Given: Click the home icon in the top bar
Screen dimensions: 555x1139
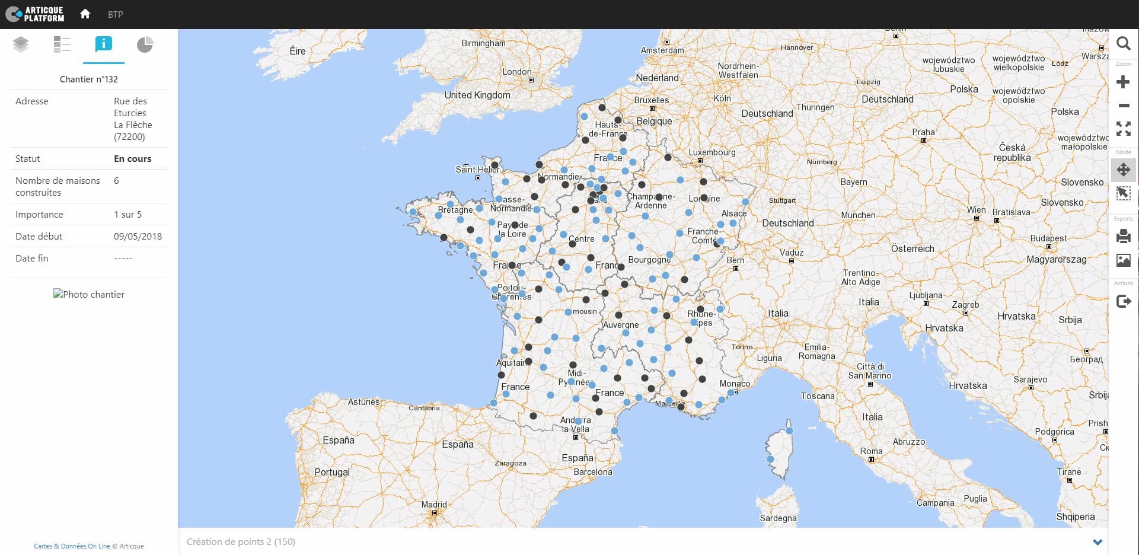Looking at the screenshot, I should click(85, 14).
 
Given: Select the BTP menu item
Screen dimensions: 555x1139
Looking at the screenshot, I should click(116, 14).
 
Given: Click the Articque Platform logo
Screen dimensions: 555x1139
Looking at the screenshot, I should click(35, 14).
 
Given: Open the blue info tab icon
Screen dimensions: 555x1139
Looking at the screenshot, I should click(103, 44).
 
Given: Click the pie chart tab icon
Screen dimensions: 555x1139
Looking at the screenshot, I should click(145, 44).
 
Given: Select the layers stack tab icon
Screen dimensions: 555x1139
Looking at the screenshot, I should click(21, 44).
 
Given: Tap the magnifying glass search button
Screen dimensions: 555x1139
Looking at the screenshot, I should click(1123, 43).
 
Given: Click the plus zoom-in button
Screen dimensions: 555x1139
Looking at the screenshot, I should click(1123, 82).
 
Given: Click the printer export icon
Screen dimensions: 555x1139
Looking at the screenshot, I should click(1123, 237).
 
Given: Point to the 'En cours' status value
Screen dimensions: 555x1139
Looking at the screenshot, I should click(132, 159).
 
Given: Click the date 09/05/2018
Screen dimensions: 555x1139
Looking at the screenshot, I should click(138, 237).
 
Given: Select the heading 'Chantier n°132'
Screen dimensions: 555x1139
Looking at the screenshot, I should click(89, 79).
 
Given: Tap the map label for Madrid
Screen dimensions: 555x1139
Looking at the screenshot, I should click(434, 505).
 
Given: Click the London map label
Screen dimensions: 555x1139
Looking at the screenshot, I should click(517, 72).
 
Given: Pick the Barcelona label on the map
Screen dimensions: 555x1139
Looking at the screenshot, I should click(593, 472).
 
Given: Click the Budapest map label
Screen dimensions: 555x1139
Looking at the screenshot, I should click(1048, 238).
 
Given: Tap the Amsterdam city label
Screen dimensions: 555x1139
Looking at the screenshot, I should click(662, 50).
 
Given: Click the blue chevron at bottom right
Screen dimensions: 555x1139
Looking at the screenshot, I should click(1097, 542).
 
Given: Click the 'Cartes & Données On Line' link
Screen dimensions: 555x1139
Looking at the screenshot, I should click(72, 546).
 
